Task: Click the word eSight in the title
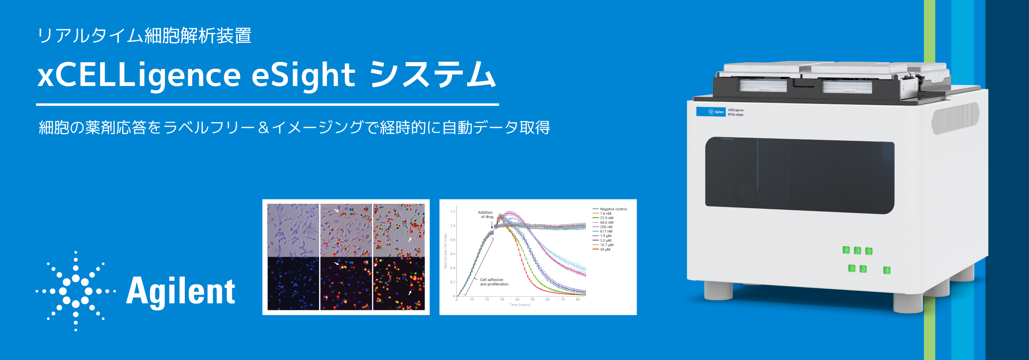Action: click(303, 76)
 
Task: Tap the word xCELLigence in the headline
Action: click(139, 76)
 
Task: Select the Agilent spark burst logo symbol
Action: click(76, 291)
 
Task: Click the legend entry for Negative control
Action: click(613, 209)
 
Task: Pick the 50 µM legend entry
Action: click(605, 249)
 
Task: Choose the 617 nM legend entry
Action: click(606, 232)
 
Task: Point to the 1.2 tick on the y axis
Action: click(453, 211)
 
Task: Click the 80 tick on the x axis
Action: click(578, 300)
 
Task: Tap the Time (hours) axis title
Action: click(520, 305)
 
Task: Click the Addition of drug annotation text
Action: click(486, 214)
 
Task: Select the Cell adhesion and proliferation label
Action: click(494, 282)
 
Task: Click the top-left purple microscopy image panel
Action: click(293, 230)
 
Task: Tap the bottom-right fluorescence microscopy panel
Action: click(399, 283)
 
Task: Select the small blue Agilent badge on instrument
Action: click(710, 112)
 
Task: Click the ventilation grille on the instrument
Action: click(955, 118)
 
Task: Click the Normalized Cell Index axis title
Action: click(445, 251)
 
